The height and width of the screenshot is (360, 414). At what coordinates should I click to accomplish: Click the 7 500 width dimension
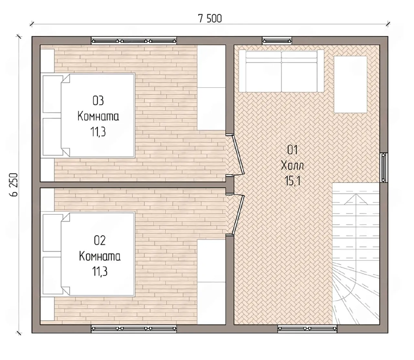pyautogui.click(x=210, y=19)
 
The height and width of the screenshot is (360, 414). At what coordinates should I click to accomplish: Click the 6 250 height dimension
pyautogui.click(x=14, y=185)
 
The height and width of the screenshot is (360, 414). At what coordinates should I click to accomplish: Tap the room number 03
pyautogui.click(x=98, y=101)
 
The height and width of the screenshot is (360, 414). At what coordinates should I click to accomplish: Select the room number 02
pyautogui.click(x=100, y=240)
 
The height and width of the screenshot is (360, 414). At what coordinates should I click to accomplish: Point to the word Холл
pyautogui.click(x=292, y=166)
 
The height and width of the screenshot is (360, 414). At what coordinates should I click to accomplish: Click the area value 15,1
pyautogui.click(x=292, y=181)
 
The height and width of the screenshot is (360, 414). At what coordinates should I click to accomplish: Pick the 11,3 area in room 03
pyautogui.click(x=98, y=132)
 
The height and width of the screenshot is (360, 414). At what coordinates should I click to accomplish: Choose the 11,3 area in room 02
pyautogui.click(x=100, y=271)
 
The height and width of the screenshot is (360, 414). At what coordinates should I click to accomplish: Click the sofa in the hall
pyautogui.click(x=281, y=71)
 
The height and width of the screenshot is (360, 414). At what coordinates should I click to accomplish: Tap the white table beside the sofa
pyautogui.click(x=350, y=84)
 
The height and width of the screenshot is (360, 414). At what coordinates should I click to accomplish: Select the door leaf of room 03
pyautogui.click(x=238, y=155)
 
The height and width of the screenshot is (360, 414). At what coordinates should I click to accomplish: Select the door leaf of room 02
pyautogui.click(x=238, y=214)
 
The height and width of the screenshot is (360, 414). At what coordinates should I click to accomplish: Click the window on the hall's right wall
pyautogui.click(x=384, y=168)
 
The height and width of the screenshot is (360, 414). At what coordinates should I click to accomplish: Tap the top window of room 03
pyautogui.click(x=134, y=41)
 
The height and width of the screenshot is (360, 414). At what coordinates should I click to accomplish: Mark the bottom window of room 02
pyautogui.click(x=134, y=329)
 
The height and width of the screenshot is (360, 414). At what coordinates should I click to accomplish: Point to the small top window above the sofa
pyautogui.click(x=277, y=41)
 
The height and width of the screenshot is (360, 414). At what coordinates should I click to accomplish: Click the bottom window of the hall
pyautogui.click(x=307, y=329)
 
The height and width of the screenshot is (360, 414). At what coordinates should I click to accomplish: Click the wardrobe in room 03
pyautogui.click(x=212, y=88)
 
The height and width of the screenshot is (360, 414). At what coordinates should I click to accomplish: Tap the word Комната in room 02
pyautogui.click(x=100, y=256)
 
